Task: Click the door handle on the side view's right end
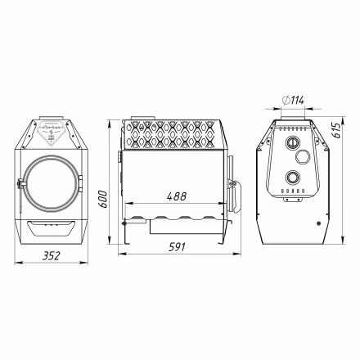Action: pyautogui.click(x=237, y=193)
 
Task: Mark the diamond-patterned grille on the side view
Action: pyautogui.click(x=174, y=133)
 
